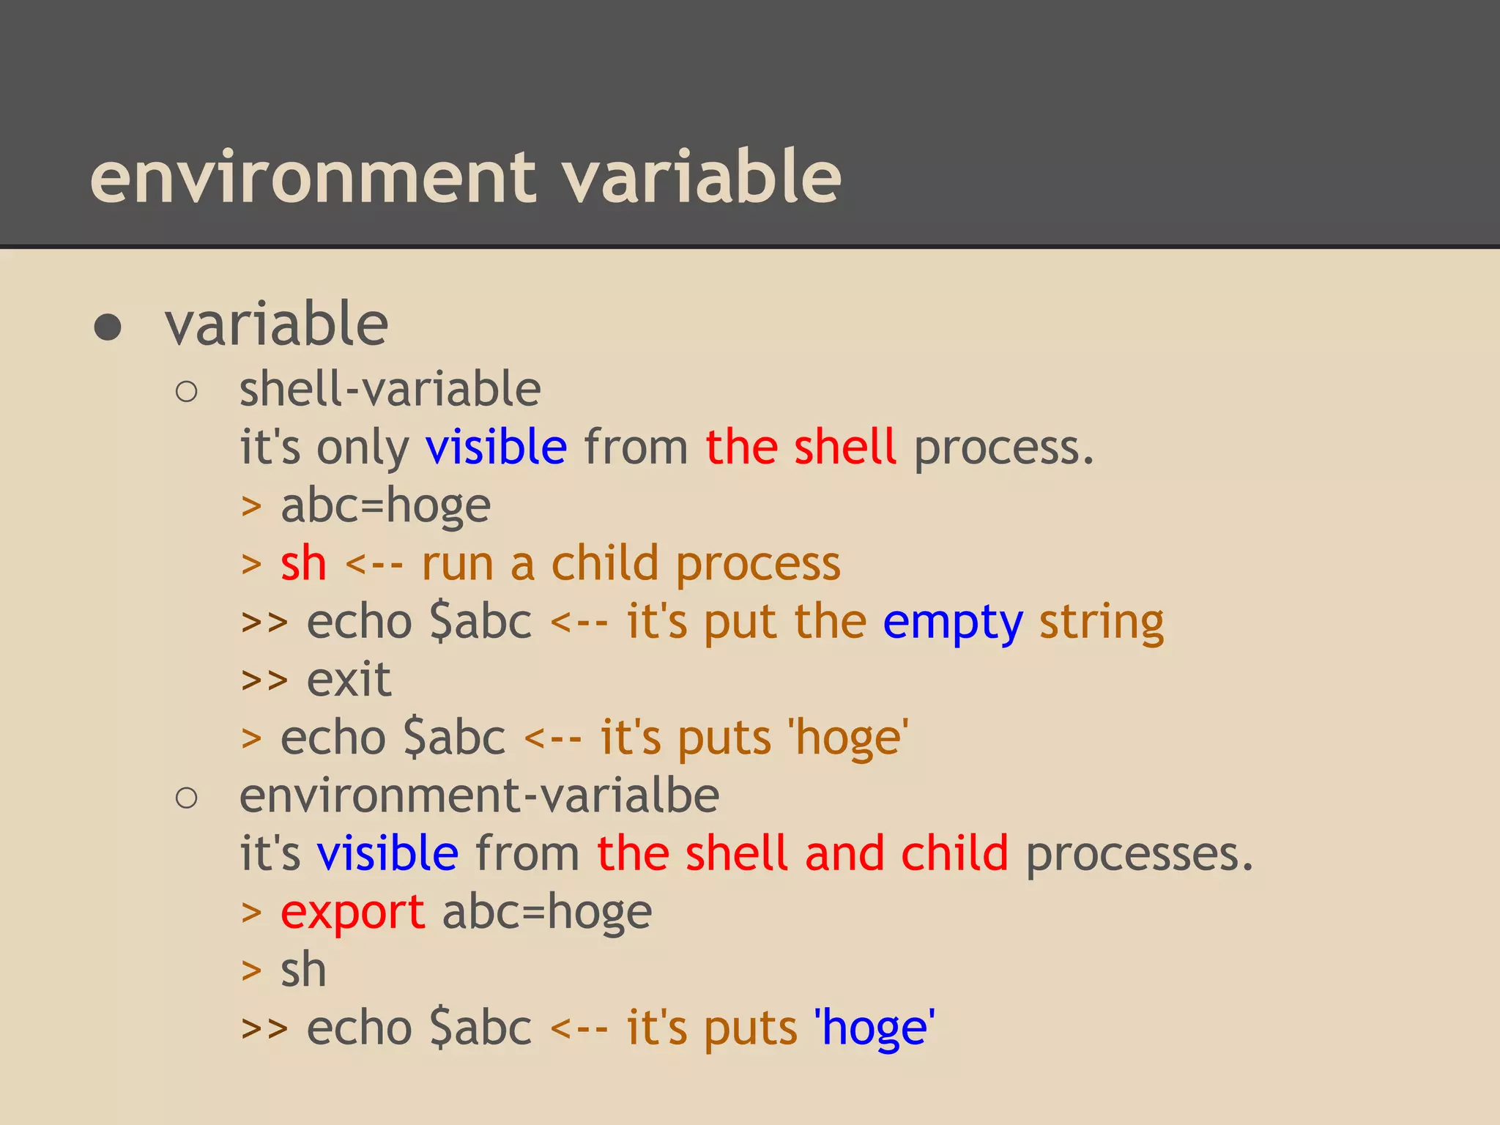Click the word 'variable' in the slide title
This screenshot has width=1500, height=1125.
pos(701,177)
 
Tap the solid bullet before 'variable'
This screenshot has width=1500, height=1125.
pos(108,327)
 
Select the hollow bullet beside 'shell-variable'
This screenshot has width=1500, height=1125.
pos(187,392)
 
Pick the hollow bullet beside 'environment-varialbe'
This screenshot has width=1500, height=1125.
pos(187,798)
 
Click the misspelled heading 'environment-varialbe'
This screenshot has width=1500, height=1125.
pos(479,796)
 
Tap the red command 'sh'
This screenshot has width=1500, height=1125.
pos(303,564)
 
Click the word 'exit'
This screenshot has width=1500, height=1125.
pos(349,680)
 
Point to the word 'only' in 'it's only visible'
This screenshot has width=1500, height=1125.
pos(363,448)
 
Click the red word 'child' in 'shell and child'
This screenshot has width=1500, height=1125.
pos(954,854)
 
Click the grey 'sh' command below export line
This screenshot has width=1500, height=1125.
pos(303,970)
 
